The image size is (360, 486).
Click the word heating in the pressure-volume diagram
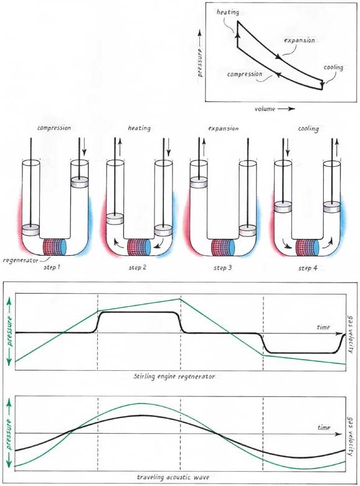(x=228, y=12)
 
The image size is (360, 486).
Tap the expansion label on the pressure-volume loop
(x=300, y=40)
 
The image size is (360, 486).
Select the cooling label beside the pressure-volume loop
(x=333, y=68)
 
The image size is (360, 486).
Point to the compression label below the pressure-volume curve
(x=245, y=75)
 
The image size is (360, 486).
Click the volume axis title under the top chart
(x=265, y=109)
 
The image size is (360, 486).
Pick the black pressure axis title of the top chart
(x=200, y=62)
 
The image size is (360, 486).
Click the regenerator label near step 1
(x=21, y=261)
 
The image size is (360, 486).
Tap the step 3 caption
(x=222, y=268)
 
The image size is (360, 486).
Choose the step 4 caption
(x=308, y=268)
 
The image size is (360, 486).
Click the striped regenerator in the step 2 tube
(x=140, y=247)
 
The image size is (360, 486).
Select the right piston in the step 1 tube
(x=80, y=182)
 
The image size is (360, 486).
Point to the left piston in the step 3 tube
(x=199, y=182)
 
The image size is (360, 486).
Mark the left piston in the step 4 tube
(x=283, y=207)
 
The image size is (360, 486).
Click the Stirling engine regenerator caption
(x=174, y=376)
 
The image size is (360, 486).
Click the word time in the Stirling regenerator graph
(x=323, y=327)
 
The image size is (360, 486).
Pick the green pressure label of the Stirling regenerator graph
(x=9, y=331)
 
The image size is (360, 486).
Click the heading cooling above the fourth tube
(x=308, y=128)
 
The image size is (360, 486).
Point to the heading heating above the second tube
(x=140, y=128)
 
